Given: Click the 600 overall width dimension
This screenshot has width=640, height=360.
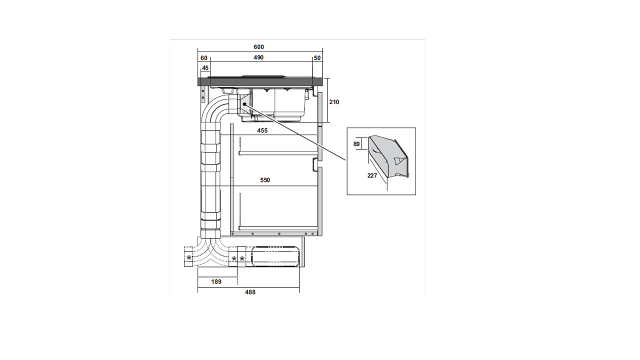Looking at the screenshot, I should click(258, 47).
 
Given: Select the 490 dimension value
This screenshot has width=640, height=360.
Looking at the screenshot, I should click(258, 58).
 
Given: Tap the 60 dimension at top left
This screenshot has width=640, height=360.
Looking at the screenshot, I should click(204, 58).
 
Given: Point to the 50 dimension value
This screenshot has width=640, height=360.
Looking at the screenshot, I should click(317, 58).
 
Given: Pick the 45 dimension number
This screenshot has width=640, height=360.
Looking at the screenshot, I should click(205, 68).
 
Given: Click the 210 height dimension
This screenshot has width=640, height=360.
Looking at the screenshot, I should click(334, 102).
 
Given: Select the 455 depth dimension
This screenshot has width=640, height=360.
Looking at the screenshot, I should click(262, 130).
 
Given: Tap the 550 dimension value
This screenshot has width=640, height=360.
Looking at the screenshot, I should click(265, 180).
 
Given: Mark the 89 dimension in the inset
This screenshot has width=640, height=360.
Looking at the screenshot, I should click(356, 144).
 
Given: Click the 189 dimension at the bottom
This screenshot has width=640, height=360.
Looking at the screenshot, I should click(216, 282).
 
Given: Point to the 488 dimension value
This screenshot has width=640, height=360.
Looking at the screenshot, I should click(250, 292).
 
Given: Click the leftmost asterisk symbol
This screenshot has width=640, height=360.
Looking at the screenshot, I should click(189, 258).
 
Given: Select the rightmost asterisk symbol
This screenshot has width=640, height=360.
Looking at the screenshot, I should click(242, 258).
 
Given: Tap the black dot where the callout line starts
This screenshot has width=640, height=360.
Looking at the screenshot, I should click(244, 104).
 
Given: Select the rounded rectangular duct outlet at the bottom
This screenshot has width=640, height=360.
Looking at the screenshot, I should click(275, 257).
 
